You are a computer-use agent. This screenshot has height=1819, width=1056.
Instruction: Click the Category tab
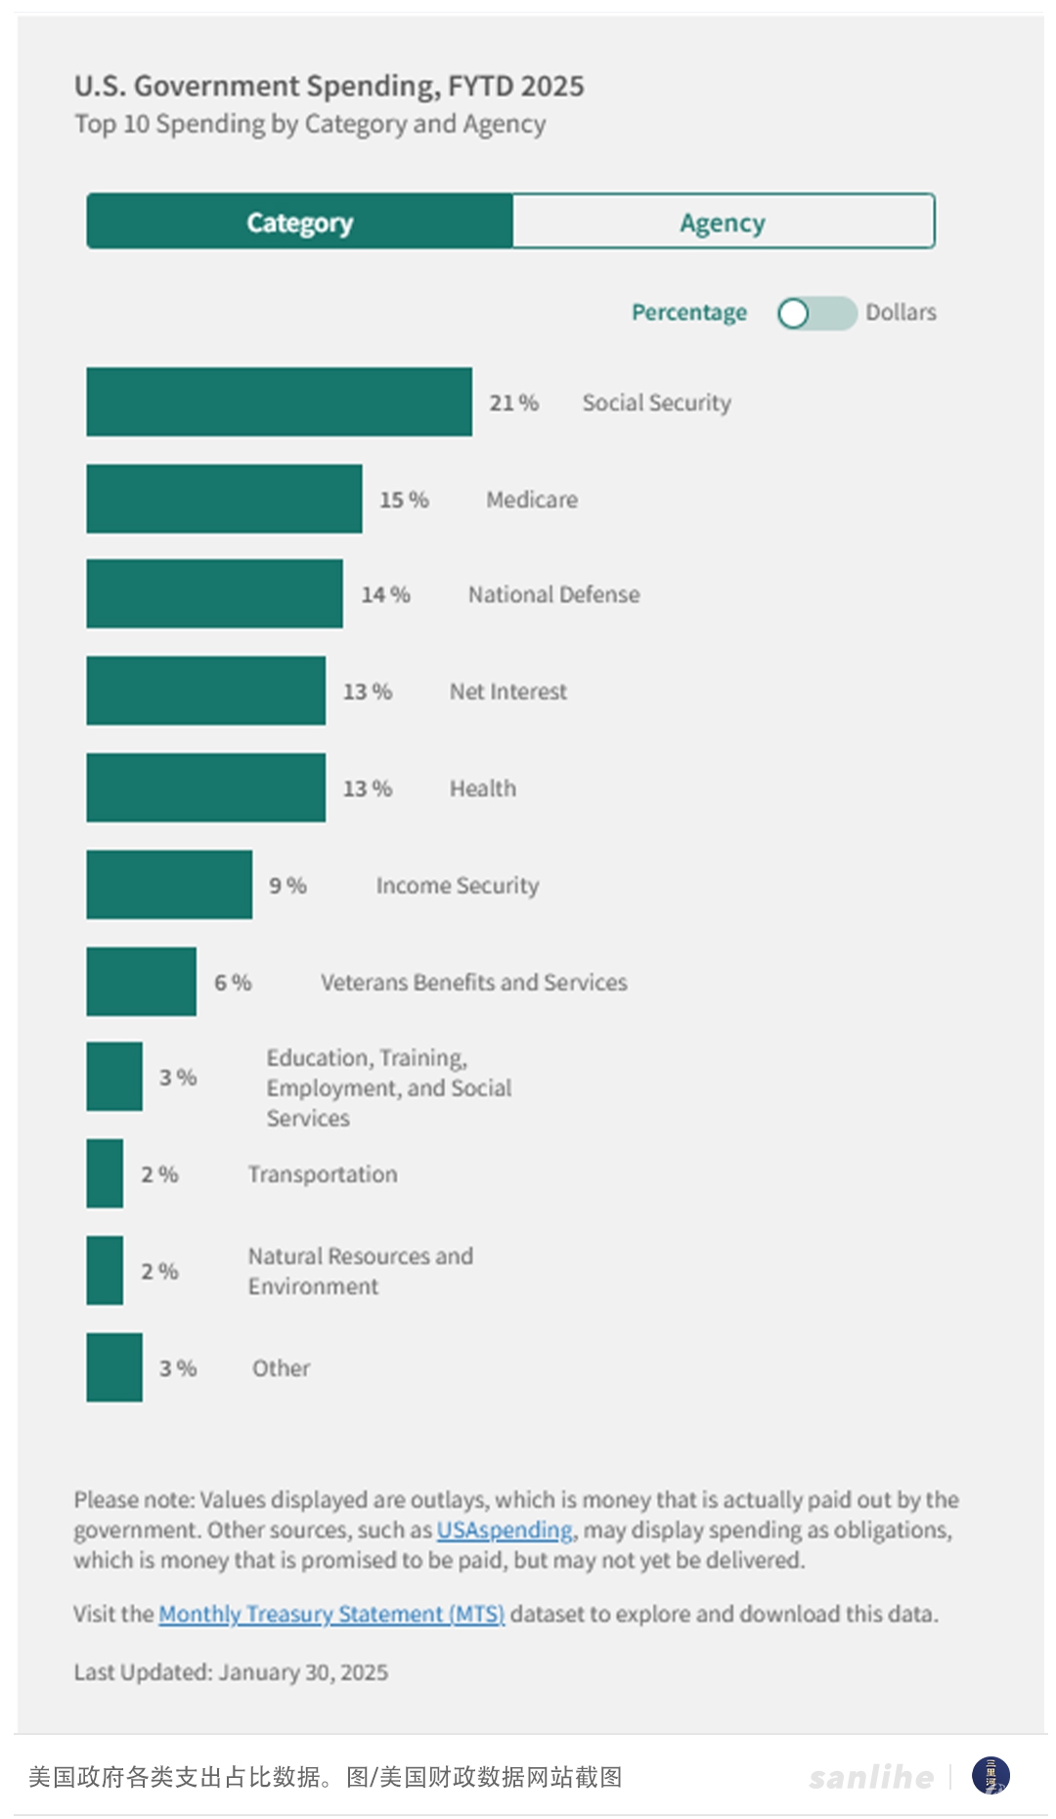pos(299,222)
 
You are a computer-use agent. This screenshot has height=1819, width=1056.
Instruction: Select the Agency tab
pos(723,222)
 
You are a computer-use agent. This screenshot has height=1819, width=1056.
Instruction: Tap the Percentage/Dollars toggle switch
pos(816,313)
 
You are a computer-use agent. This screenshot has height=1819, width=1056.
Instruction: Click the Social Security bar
pos(279,402)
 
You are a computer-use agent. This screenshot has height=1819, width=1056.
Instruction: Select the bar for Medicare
pos(224,499)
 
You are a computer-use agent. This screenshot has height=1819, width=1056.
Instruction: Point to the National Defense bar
pos(214,594)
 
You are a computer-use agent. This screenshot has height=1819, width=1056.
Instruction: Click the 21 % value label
pos(513,403)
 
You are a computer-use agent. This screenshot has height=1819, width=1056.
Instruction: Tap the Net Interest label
pos(507,691)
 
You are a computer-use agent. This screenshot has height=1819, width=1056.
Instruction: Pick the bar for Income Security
pos(169,884)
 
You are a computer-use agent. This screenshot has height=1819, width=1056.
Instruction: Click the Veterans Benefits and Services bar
pos(141,981)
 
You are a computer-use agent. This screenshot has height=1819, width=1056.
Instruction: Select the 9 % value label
pos(287,885)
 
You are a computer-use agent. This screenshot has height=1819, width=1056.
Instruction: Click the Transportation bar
pos(105,1174)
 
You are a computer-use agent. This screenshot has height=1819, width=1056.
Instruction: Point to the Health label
pos(482,788)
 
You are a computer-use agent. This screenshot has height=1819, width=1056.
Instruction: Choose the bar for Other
pos(114,1367)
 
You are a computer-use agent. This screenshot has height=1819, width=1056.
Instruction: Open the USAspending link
pos(505,1530)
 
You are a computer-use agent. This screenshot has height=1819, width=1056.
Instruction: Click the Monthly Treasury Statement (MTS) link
pos(331,1614)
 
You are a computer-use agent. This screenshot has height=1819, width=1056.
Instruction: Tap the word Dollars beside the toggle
pos(901,313)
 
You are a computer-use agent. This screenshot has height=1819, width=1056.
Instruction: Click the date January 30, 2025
pos(303,1672)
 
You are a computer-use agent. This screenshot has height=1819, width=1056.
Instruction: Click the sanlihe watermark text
pos(870,1776)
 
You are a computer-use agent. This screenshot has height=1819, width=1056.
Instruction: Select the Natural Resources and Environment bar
pos(105,1270)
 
